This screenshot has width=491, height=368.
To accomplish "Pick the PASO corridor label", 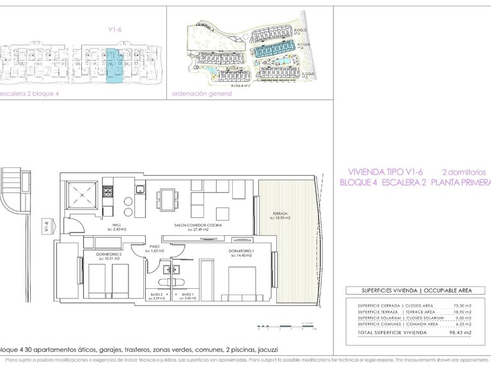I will coord(155,246).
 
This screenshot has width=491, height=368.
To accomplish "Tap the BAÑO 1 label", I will coord(188,295).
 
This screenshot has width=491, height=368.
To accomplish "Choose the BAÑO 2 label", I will coord(157,295).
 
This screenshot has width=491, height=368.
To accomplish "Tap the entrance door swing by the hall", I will coord(72,226).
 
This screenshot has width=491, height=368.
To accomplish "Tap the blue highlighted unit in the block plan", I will coord(112,65).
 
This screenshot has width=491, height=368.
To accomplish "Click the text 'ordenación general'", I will coord(202,93).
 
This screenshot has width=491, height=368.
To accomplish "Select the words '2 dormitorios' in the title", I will coord(465,172).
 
